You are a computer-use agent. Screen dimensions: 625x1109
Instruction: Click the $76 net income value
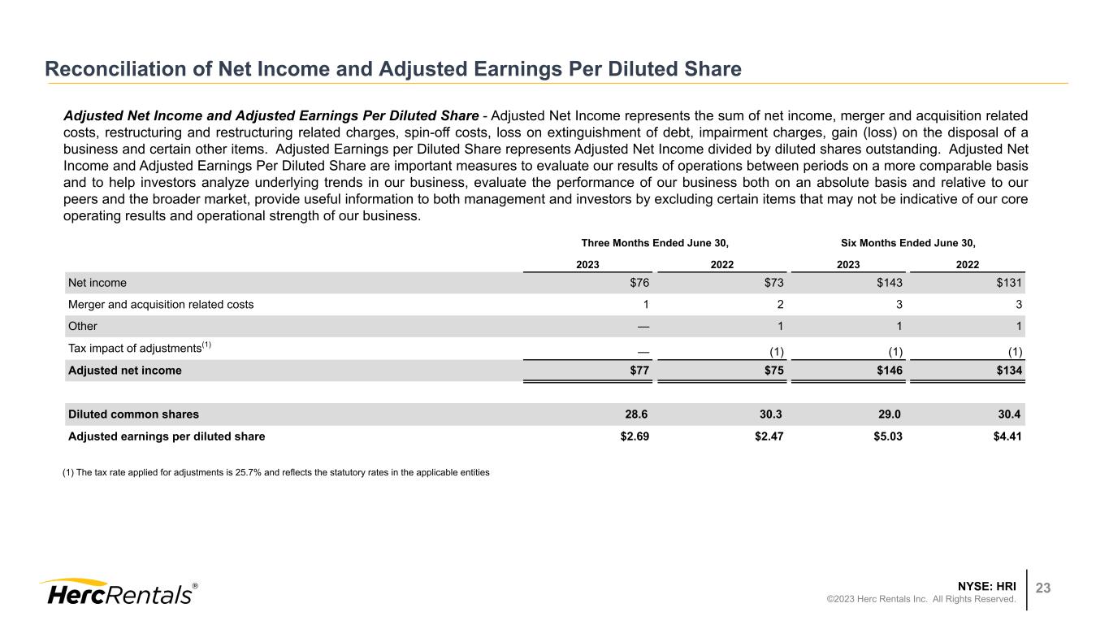tap(638, 283)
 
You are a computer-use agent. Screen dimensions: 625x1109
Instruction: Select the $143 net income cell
tap(887, 283)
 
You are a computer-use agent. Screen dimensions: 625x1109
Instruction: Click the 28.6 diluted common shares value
tap(638, 414)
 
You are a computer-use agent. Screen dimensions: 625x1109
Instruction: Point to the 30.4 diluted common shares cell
tap(1011, 414)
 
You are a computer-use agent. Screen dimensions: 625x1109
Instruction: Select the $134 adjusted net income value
tap(1008, 370)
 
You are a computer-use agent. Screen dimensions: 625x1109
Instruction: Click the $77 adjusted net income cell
tap(638, 370)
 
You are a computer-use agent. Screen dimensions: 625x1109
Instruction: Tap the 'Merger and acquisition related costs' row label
tap(161, 305)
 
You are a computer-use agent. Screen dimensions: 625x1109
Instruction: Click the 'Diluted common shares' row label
tap(133, 414)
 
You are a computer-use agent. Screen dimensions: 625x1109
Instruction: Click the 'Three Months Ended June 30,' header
tap(655, 243)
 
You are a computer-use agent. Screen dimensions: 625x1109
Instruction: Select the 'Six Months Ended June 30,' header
tap(907, 243)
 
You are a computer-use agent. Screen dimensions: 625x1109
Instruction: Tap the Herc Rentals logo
tap(118, 592)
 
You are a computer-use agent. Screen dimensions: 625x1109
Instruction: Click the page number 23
tap(1042, 588)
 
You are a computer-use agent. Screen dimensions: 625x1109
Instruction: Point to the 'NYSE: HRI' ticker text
tap(987, 585)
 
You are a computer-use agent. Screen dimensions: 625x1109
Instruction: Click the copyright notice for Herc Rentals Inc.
tap(921, 599)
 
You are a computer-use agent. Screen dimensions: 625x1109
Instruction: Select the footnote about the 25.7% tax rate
tap(276, 472)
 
